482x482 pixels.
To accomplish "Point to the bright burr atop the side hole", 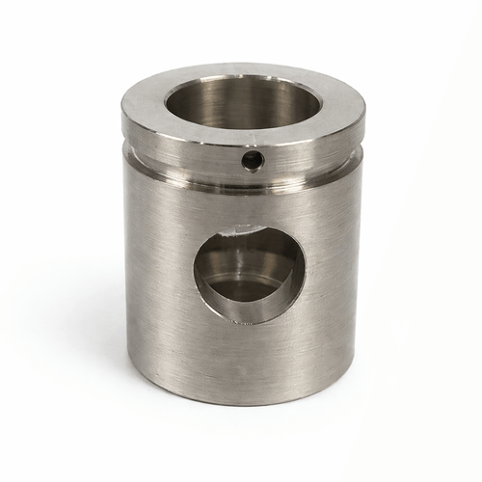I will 231,229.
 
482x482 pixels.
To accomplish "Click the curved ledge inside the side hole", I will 247,289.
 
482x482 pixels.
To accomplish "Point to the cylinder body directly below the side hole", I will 249,357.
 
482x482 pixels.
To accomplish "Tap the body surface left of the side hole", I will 159,270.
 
